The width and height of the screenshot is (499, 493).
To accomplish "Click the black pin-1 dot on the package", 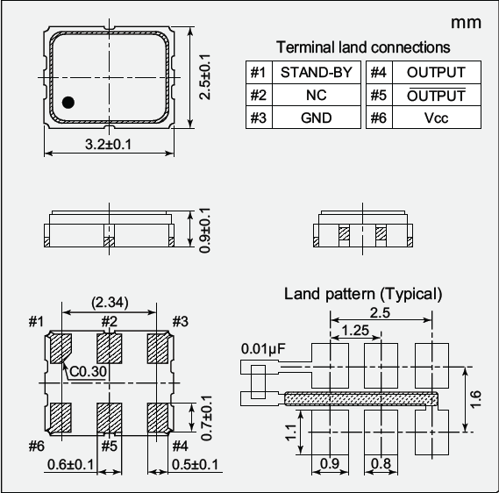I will point(68,103).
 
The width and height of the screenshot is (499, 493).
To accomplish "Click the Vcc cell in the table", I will point(436,118).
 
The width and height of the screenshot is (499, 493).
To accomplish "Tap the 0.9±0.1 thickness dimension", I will point(204,231).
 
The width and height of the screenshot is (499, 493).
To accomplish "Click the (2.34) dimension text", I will point(110,303).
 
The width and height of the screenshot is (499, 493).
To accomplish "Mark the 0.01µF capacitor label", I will point(263,348).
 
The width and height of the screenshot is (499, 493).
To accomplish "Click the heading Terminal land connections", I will point(363,47).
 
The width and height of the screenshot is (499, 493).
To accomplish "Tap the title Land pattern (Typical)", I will point(363,293).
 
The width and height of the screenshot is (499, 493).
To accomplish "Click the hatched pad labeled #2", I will point(109,348).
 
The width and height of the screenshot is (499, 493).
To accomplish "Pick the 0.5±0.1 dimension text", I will point(196,464).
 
